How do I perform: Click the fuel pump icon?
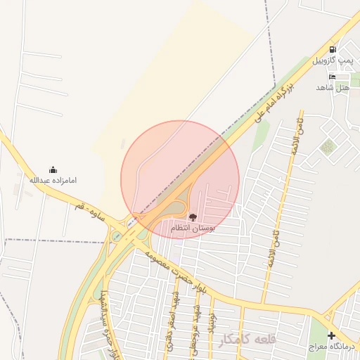333,50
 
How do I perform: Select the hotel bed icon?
332,76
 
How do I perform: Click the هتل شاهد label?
333,87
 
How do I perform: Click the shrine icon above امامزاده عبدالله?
53,169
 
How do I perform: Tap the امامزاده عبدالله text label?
53,181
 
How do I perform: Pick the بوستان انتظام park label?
193,229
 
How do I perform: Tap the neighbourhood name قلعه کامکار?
245,340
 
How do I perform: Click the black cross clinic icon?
331,335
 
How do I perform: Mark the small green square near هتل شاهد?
327,147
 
